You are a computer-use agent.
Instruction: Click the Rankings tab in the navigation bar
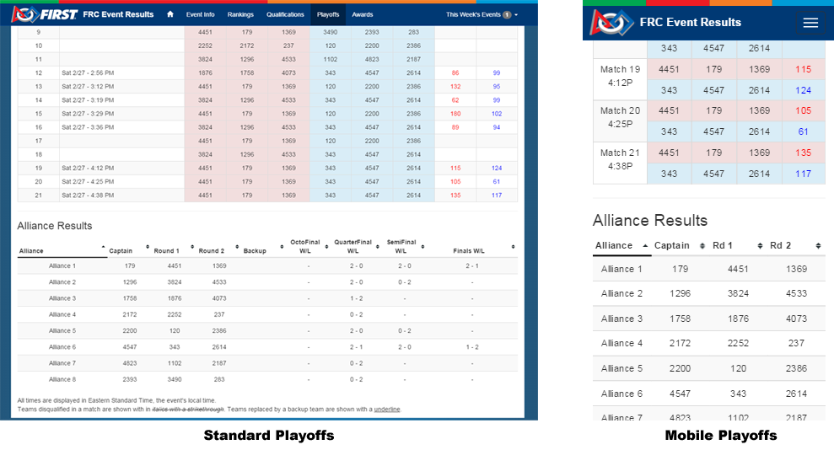click(240, 14)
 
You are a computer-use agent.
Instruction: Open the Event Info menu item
click(200, 14)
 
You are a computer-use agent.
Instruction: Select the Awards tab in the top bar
click(363, 14)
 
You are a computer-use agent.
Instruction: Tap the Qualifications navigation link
click(285, 14)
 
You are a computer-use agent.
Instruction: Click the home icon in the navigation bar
click(170, 14)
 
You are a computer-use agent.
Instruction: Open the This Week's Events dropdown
click(482, 14)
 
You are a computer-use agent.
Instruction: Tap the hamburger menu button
click(810, 23)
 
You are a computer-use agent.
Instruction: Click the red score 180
click(455, 114)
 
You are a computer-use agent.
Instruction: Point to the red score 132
click(455, 87)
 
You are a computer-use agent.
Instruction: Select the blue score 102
click(497, 114)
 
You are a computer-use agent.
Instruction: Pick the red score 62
click(455, 100)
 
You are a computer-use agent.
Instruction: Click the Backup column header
click(255, 250)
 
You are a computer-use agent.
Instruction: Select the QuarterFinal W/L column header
click(352, 246)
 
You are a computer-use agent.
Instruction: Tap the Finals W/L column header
click(468, 250)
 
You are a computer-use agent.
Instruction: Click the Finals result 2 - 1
click(472, 265)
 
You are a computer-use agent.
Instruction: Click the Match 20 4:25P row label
click(620, 118)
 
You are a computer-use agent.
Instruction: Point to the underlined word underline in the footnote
click(387, 410)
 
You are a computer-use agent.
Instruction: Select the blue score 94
click(497, 127)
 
